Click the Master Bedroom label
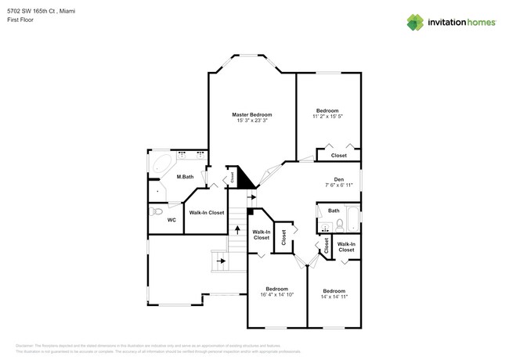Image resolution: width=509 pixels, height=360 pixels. (x=251, y=115)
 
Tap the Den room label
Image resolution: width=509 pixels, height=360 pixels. (x=339, y=180)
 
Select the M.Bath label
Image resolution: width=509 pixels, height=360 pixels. (x=185, y=177)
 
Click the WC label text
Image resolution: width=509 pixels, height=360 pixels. (x=171, y=220)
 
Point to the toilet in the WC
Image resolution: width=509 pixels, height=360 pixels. (x=155, y=211)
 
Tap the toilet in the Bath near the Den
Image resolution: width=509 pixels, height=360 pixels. (x=339, y=225)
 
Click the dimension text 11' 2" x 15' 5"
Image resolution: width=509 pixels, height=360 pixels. (x=327, y=117)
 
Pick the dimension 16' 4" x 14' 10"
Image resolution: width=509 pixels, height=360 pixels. (x=277, y=294)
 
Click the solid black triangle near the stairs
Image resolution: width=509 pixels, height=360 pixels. (x=246, y=179)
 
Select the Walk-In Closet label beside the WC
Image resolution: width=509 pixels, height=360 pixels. (x=206, y=213)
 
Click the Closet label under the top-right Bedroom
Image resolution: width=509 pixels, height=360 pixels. (x=338, y=156)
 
